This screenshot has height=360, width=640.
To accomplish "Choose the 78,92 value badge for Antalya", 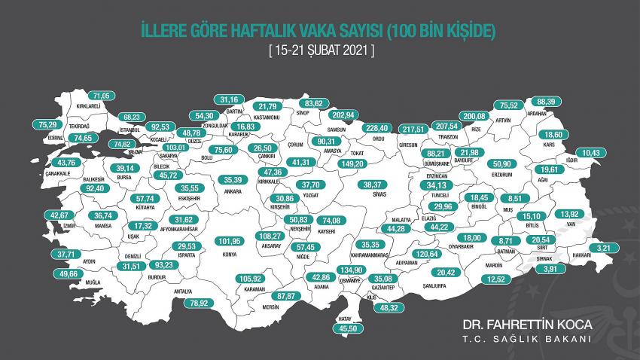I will [x=197, y=303].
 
